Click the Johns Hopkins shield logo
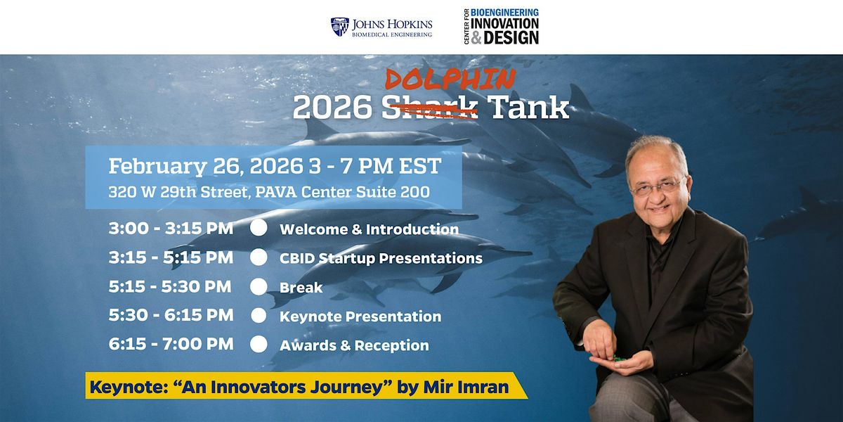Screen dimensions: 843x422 tap(339, 27)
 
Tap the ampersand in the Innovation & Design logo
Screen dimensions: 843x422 tap(476, 38)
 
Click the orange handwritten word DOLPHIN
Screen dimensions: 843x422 tap(450, 79)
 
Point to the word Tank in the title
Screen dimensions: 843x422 tap(528, 107)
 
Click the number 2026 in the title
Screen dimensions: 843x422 tap(333, 108)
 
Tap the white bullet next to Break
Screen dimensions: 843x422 tap(259, 287)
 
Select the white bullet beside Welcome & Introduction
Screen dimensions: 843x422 tap(259, 228)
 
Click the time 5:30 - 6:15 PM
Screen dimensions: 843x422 tap(171, 315)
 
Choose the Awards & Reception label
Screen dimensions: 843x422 tap(354, 345)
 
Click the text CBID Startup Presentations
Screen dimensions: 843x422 tap(381, 258)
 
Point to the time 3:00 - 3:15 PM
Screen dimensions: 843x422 tap(171, 229)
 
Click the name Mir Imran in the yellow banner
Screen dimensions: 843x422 tap(466, 387)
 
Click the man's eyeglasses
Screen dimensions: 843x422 tap(657, 187)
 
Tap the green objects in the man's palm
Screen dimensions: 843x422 tap(619, 358)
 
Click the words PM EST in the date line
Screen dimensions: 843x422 tap(400, 166)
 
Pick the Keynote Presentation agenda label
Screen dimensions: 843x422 tap(360, 316)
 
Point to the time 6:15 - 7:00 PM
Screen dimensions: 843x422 tap(171, 344)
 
